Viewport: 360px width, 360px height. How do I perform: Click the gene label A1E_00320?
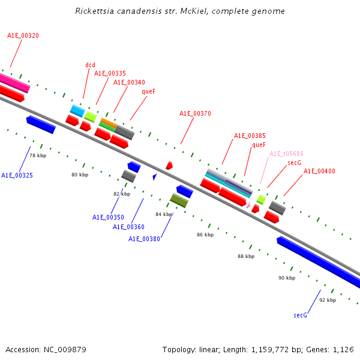point(23,36)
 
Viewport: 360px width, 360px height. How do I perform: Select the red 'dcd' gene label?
point(91,65)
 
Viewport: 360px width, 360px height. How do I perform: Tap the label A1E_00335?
point(110,74)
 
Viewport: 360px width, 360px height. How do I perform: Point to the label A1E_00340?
point(129,83)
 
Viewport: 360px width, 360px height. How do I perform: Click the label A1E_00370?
point(195,114)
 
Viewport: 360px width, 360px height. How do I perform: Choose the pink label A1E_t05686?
point(286,154)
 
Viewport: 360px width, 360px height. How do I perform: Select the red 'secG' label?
point(294,163)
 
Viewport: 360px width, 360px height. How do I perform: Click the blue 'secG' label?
point(300,315)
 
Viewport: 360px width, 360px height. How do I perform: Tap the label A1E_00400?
point(319,172)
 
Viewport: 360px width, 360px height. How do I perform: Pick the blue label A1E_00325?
point(17,176)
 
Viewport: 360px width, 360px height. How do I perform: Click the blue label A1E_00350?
point(108,217)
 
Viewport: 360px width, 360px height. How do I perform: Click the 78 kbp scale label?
point(38,155)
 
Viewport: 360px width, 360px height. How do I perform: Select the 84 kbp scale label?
point(164,214)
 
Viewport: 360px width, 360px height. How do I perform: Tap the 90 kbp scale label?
point(286,278)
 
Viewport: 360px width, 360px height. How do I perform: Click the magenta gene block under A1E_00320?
point(13,82)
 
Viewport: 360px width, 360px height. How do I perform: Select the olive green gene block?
point(179,200)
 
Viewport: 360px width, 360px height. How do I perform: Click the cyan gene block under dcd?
point(77,110)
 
